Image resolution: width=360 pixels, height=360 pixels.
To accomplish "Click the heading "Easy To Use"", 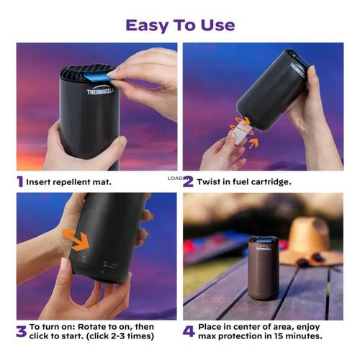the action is [180, 26].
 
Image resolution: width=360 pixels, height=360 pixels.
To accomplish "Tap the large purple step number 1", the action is [20, 181].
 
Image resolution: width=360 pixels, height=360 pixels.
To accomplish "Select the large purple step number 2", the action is [188, 181].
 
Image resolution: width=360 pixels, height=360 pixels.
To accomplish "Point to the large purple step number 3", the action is [22, 331].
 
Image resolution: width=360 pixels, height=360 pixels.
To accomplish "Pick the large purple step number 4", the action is [189, 331].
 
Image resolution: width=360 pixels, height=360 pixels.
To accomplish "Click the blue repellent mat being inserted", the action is [96, 78].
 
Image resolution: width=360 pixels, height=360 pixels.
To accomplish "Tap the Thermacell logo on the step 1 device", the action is [101, 91].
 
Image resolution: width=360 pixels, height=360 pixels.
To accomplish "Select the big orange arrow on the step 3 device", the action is [77, 240].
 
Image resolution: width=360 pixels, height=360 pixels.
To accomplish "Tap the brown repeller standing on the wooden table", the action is [263, 267].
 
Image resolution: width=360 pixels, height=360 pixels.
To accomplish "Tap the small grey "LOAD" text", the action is [175, 178].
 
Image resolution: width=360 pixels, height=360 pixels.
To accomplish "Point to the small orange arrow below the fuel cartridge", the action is [253, 143].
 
